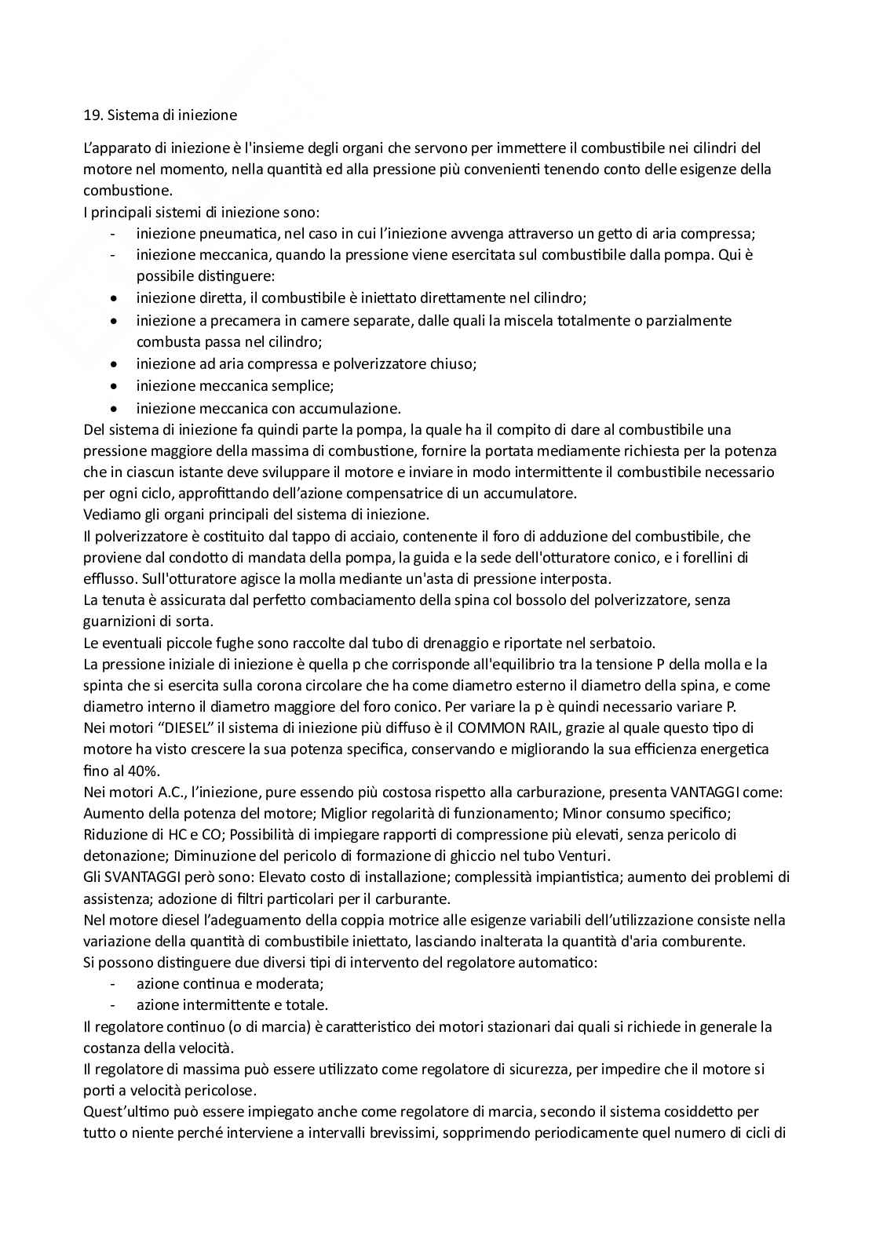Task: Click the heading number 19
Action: pyautogui.click(x=92, y=115)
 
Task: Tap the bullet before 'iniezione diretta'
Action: pyautogui.click(x=115, y=299)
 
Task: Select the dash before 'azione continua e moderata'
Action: pyautogui.click(x=114, y=984)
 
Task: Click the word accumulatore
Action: pyautogui.click(x=535, y=494)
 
